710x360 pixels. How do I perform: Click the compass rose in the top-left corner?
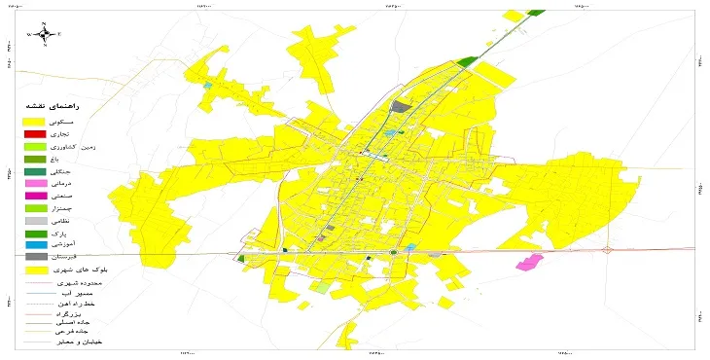[44, 33]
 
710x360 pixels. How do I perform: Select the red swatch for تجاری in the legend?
[35, 133]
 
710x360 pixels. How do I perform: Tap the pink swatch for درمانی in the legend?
[35, 183]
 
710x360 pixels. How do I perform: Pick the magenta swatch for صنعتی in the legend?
[35, 197]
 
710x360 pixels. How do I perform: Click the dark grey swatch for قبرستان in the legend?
[35, 257]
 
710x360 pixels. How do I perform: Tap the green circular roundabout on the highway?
[394, 252]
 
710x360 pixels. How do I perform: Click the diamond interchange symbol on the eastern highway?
[608, 250]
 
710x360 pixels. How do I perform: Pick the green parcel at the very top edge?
[536, 12]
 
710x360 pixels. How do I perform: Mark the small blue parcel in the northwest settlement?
[207, 86]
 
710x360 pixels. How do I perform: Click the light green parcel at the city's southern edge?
[322, 286]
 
